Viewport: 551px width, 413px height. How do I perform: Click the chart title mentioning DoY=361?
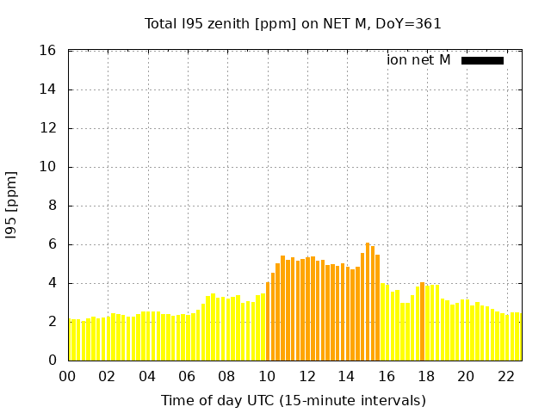[x=293, y=24]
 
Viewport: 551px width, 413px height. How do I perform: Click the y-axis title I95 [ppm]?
[x=12, y=206]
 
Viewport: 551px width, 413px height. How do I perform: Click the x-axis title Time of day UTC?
[x=293, y=401]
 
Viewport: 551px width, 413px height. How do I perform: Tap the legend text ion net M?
[x=418, y=60]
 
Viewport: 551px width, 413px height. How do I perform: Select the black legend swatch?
[x=482, y=60]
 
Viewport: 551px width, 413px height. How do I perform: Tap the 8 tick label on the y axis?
[x=53, y=206]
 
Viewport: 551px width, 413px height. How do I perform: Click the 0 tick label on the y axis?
[x=53, y=361]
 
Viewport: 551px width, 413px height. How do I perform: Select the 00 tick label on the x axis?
[x=68, y=376]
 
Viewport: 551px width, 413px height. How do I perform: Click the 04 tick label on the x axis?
[x=147, y=376]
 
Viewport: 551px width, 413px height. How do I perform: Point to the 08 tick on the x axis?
[x=227, y=376]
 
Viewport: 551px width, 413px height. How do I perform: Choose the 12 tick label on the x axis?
[x=306, y=376]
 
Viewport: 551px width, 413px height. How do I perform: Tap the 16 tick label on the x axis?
[x=387, y=376]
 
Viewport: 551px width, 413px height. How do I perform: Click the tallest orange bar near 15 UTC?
[x=368, y=301]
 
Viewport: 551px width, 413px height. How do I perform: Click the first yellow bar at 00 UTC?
[x=71, y=340]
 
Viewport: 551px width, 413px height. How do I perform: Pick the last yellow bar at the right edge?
[x=518, y=336]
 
